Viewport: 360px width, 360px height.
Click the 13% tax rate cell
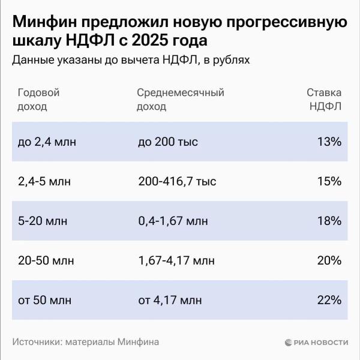point(329,142)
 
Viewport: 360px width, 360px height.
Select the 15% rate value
point(329,181)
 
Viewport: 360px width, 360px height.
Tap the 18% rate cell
point(329,221)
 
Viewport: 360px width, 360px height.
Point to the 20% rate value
point(329,260)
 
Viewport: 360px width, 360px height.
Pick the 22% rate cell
point(329,299)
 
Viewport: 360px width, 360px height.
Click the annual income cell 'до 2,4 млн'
point(47,142)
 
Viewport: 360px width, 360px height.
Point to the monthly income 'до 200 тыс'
point(167,142)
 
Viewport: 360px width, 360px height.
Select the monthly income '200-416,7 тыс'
point(176,181)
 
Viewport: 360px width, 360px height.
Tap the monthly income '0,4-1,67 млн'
point(173,221)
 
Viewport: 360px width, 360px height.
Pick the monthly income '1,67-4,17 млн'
point(176,260)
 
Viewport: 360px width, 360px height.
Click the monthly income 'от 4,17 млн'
point(170,299)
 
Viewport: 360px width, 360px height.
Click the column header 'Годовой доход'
point(39,100)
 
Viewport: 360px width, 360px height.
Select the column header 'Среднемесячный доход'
point(180,100)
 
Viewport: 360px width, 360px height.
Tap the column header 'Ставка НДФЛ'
point(325,100)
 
